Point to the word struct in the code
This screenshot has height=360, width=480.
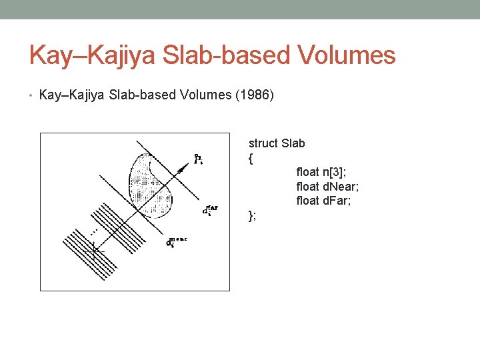[x=263, y=143]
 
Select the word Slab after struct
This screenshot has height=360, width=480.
[x=293, y=143]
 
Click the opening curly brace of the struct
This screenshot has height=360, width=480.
[x=251, y=158]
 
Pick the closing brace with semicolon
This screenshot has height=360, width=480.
[x=252, y=215]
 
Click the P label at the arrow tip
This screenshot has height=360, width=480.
[x=197, y=159]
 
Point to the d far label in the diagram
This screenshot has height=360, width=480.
[x=209, y=211]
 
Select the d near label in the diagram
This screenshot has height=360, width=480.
[x=176, y=242]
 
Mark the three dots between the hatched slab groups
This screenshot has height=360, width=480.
[x=94, y=230]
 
